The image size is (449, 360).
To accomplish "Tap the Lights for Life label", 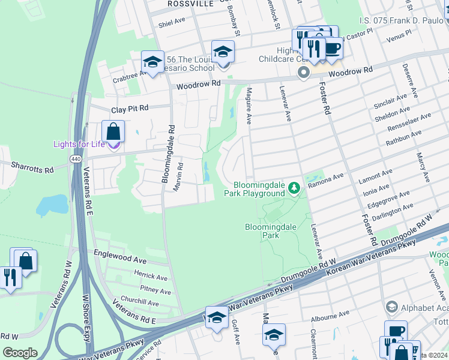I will [79, 144].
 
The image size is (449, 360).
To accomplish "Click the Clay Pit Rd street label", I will [129, 110].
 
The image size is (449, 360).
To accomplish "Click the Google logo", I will [20, 353].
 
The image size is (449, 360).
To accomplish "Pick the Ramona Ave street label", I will [325, 181].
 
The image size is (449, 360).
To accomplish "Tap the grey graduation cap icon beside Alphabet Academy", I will [392, 307].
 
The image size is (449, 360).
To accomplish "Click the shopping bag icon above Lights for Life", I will [113, 131].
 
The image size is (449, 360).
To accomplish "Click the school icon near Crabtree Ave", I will [152, 61].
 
